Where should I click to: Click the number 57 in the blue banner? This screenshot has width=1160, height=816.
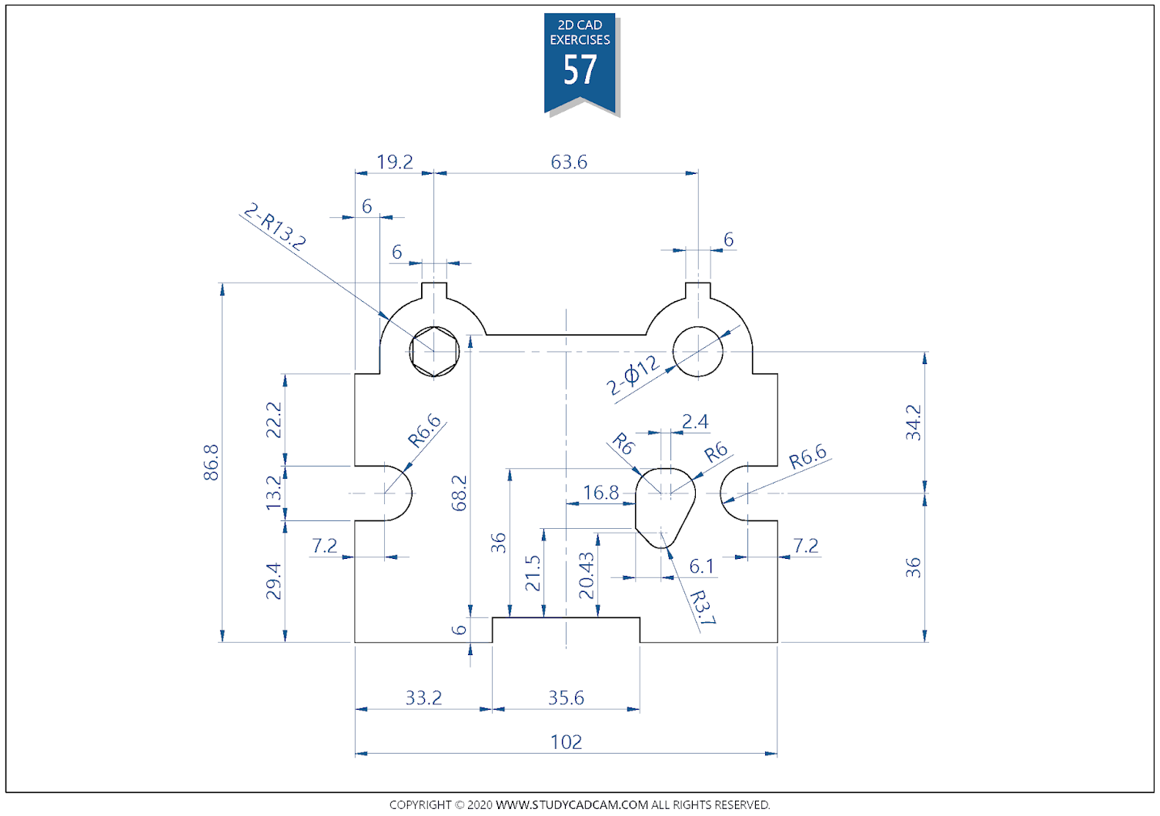pos(580,71)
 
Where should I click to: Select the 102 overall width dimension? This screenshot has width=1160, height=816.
pos(566,742)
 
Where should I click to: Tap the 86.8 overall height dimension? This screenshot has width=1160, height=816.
pos(212,462)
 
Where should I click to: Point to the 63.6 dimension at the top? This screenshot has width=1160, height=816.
pos(569,162)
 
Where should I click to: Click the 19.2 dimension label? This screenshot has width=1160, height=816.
pos(395,162)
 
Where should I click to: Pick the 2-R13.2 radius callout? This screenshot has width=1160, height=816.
pos(275,226)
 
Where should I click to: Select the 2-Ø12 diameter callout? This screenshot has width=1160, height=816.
pos(633,375)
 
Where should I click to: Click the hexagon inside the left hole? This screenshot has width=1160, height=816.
pos(434,352)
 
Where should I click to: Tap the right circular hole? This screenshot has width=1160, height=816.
pos(698,352)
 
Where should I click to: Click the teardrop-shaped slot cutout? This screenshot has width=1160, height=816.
pos(664,504)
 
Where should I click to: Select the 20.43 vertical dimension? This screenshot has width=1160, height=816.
pos(587,576)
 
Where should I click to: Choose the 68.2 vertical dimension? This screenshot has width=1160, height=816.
pos(460,493)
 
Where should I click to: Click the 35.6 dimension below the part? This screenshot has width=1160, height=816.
pos(566,698)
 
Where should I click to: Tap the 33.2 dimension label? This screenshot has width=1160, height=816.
pos(423,698)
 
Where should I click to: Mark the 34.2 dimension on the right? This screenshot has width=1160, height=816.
pos(913,422)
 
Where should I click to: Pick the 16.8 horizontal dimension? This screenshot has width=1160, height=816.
pos(600,493)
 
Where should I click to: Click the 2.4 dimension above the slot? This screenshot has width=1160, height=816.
pos(694,422)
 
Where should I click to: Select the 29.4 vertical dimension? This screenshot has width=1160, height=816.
pos(273,580)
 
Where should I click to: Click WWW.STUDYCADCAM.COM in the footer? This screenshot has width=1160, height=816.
pos(571,804)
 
